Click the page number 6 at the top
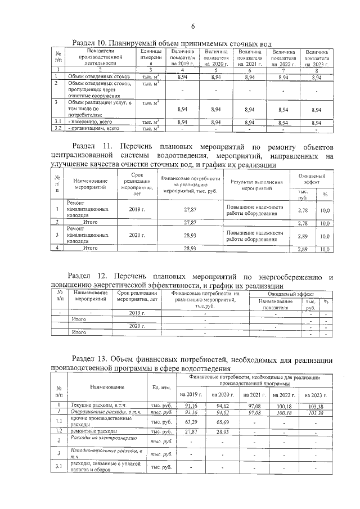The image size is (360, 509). [x=192, y=26]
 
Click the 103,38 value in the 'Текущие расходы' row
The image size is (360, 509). [x=317, y=406]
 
